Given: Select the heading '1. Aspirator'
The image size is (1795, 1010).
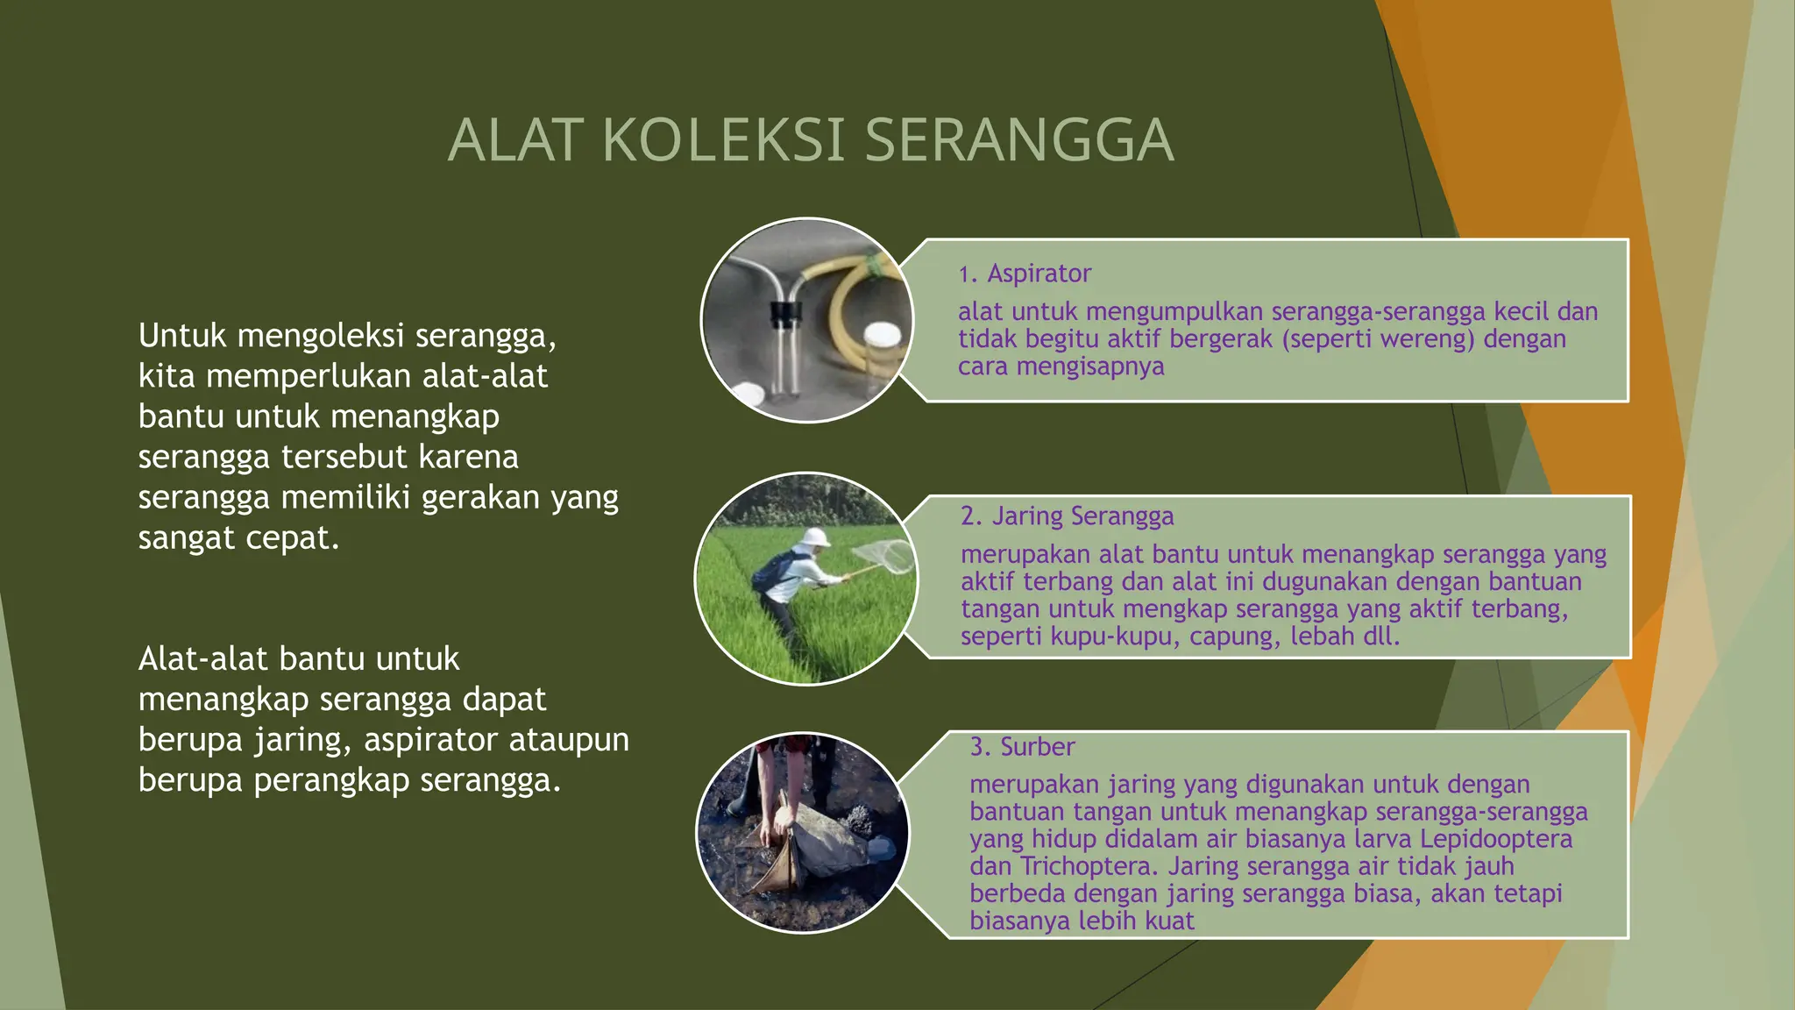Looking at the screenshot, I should pyautogui.click(x=1025, y=274).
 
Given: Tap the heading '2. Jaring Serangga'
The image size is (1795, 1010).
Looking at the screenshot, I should pyautogui.click(x=1067, y=516).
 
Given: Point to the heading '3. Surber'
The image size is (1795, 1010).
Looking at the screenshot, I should pyautogui.click(x=1022, y=747).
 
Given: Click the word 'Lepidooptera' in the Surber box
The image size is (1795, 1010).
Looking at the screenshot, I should pyautogui.click(x=1495, y=839).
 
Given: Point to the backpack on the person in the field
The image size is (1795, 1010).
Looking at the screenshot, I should pyautogui.click(x=770, y=571).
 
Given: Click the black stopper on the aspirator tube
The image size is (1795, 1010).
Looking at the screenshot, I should pyautogui.click(x=785, y=312).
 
